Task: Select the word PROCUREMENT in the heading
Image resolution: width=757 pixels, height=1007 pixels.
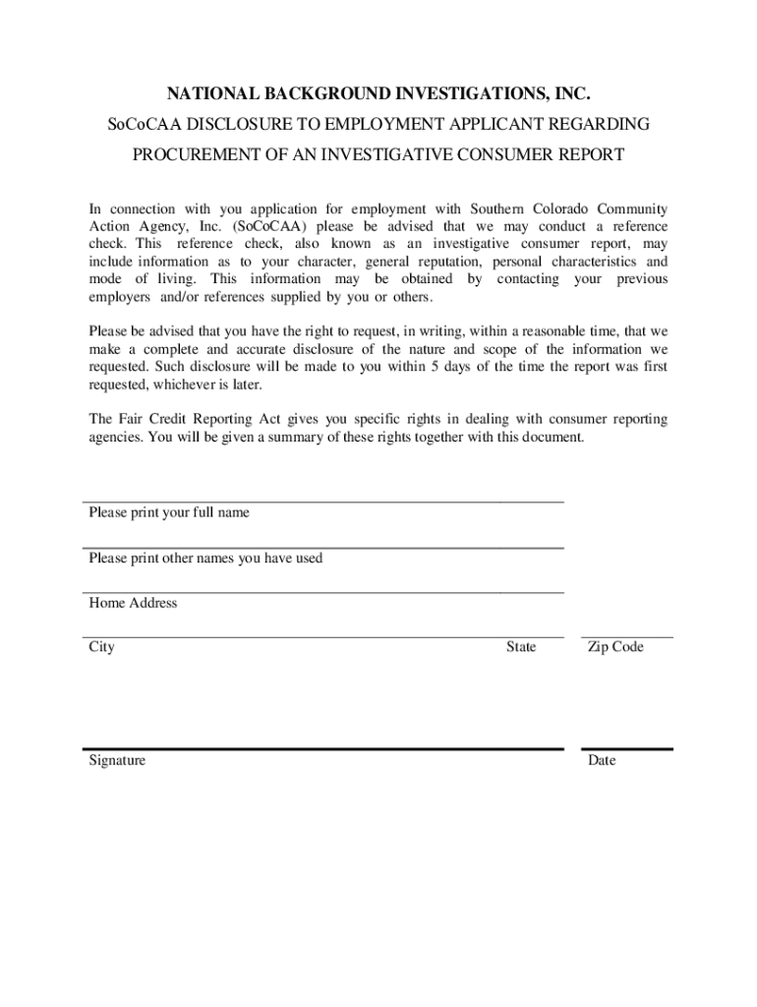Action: (188, 155)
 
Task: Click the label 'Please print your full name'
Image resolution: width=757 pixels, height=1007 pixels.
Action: (169, 512)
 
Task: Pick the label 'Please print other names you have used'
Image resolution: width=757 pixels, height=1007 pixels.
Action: (205, 558)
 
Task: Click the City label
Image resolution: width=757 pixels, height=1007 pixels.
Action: (101, 647)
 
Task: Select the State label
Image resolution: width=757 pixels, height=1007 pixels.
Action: (521, 647)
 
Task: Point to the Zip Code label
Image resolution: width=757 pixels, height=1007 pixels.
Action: (615, 647)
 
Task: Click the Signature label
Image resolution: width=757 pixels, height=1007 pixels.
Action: (117, 760)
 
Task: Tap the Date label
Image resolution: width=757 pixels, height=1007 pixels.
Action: (602, 760)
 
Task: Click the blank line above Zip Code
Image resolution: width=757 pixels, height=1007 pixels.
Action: (627, 637)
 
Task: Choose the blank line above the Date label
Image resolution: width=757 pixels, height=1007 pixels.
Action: (627, 749)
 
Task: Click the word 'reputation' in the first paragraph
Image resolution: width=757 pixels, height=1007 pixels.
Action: (442, 263)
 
